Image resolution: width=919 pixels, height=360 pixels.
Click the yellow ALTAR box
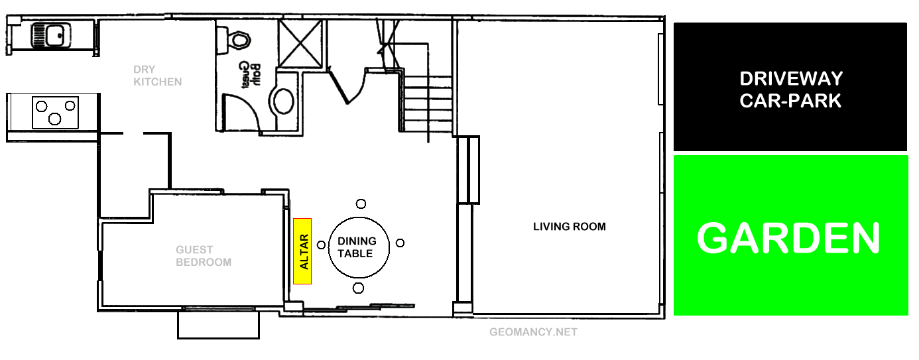click(303, 251)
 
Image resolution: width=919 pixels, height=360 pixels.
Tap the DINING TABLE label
click(357, 247)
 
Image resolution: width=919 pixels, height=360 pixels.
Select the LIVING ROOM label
click(570, 227)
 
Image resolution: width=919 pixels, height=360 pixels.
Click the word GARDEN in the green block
click(788, 237)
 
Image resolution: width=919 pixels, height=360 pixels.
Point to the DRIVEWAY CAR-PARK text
click(790, 90)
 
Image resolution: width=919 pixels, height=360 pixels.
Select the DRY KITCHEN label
click(157, 76)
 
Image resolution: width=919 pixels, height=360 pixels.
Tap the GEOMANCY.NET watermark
click(533, 332)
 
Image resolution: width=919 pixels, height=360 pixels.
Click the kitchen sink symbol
click(52, 34)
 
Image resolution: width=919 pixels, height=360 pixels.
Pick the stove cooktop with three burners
click(56, 112)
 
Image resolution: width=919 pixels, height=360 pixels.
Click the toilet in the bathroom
click(234, 40)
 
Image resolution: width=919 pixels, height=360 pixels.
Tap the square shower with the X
click(300, 43)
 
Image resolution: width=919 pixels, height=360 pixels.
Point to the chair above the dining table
click(361, 204)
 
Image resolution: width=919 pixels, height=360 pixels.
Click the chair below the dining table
click(359, 288)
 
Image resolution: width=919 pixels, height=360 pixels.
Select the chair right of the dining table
click(400, 243)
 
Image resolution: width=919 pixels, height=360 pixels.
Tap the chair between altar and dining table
click(322, 245)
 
